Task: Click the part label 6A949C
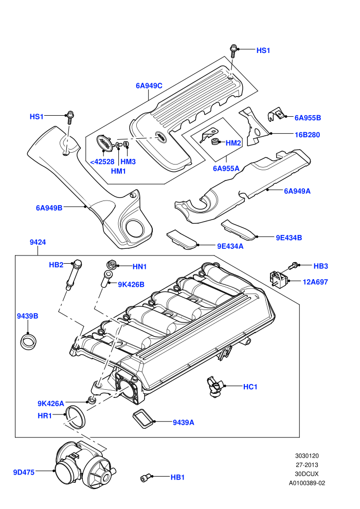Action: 149,86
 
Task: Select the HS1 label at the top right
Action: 263,50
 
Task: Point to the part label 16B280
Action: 308,135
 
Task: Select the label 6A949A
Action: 297,191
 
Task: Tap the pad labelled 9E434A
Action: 182,240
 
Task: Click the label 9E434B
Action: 289,238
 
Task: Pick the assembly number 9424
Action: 38,242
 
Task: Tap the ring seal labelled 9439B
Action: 29,341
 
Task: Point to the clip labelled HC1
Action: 214,387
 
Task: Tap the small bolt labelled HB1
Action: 146,478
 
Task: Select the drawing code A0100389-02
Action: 307,483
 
